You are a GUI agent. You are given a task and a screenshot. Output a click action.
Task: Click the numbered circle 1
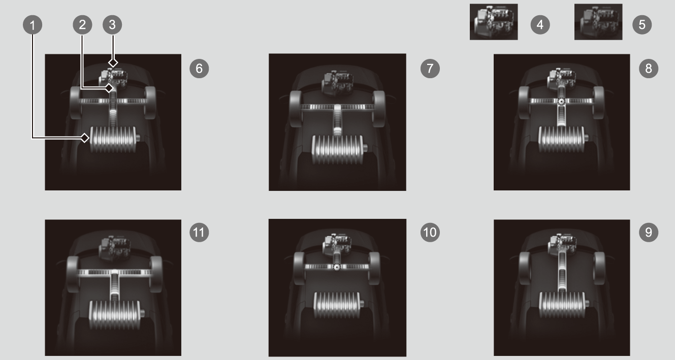click(x=33, y=25)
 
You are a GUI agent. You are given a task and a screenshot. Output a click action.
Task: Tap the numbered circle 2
click(x=82, y=25)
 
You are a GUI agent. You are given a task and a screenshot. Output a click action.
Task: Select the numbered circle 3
click(x=112, y=25)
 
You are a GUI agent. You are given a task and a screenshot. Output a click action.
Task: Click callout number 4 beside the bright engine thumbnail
click(x=540, y=25)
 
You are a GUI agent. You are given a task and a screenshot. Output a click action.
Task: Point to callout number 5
click(x=642, y=25)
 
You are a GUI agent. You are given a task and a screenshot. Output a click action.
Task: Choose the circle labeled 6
click(x=199, y=69)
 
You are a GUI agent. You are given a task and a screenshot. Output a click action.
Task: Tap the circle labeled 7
click(x=430, y=69)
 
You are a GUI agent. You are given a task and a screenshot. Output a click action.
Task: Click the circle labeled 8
click(x=649, y=69)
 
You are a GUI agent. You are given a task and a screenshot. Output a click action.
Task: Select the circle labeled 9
click(x=649, y=232)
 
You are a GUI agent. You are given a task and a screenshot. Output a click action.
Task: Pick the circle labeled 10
click(x=430, y=232)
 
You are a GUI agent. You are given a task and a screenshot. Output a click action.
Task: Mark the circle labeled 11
click(x=199, y=232)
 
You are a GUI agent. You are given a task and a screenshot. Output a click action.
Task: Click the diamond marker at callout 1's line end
click(x=85, y=138)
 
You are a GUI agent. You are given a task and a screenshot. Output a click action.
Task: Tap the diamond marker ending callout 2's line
click(x=109, y=88)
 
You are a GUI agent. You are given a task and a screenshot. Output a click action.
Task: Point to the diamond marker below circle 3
click(x=113, y=62)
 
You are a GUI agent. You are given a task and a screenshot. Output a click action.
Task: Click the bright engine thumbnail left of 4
click(x=494, y=22)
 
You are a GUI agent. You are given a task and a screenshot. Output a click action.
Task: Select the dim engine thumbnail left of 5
click(x=598, y=22)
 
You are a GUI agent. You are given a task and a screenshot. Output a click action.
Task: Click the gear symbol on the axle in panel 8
click(x=561, y=102)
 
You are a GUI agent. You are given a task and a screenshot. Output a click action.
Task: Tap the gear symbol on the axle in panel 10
click(x=337, y=267)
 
